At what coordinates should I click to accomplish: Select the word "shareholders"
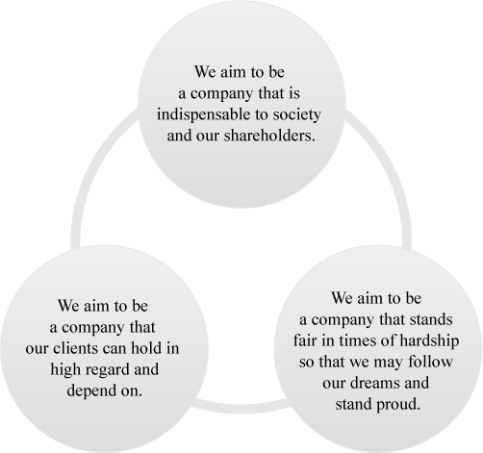tap(267, 136)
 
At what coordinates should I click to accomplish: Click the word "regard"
tap(108, 370)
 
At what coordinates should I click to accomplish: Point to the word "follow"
tap(430, 362)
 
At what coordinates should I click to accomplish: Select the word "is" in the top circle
tap(294, 93)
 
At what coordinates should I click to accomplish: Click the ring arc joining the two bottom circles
tap(241, 409)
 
